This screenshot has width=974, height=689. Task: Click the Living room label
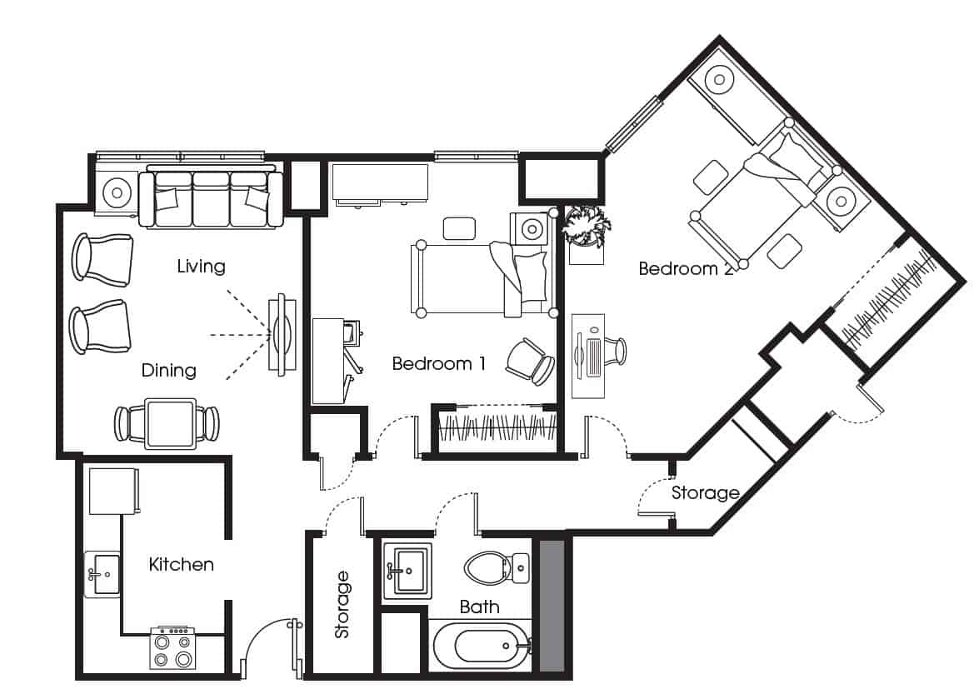click(x=201, y=267)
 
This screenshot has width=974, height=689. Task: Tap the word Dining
click(x=169, y=370)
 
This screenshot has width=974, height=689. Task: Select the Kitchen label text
click(x=182, y=564)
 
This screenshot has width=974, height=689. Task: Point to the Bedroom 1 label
click(x=438, y=363)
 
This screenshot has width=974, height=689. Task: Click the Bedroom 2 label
click(x=686, y=268)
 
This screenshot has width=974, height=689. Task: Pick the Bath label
click(x=480, y=607)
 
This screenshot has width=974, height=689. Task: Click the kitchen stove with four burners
click(x=172, y=648)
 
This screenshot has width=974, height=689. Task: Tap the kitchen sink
click(x=102, y=574)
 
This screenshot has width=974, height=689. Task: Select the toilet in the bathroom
click(x=497, y=568)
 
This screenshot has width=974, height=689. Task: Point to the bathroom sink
click(x=407, y=571)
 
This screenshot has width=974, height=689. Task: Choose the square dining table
click(x=170, y=424)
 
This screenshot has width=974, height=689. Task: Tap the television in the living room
click(x=282, y=335)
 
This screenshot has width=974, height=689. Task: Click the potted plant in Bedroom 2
click(x=585, y=226)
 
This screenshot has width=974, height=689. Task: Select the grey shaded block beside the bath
click(x=552, y=606)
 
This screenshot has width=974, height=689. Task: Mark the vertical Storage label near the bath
click(x=342, y=605)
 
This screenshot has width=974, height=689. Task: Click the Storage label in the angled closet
click(x=705, y=493)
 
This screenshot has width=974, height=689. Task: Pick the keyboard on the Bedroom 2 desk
click(x=592, y=358)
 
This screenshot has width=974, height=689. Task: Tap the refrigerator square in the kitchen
click(x=113, y=492)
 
